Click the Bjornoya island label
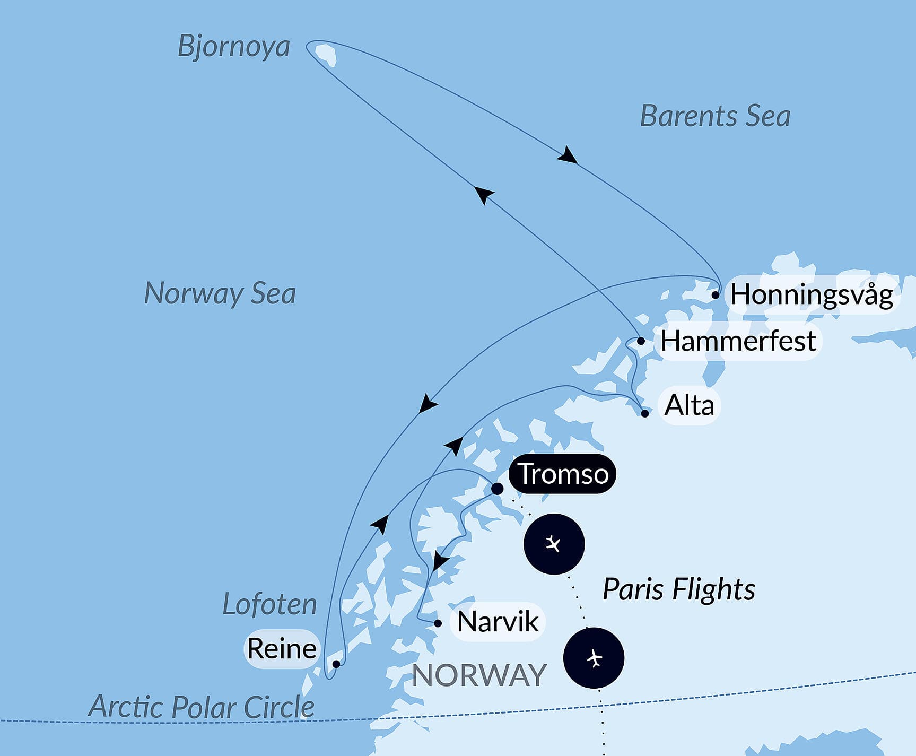[233, 47]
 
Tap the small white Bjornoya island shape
[326, 54]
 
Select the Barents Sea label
[715, 116]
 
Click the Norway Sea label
[220, 293]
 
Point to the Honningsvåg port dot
[716, 294]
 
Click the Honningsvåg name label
[812, 295]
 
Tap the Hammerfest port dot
[641, 341]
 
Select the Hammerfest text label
[738, 341]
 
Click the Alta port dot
[644, 413]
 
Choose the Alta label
[689, 406]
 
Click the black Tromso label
[563, 474]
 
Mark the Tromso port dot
[497, 489]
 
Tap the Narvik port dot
[438, 623]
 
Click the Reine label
[282, 649]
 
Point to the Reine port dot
[336, 664]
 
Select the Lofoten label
[269, 604]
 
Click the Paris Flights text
[678, 589]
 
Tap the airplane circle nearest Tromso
[554, 544]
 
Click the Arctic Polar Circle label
[201, 707]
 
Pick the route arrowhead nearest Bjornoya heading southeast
[568, 155]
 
